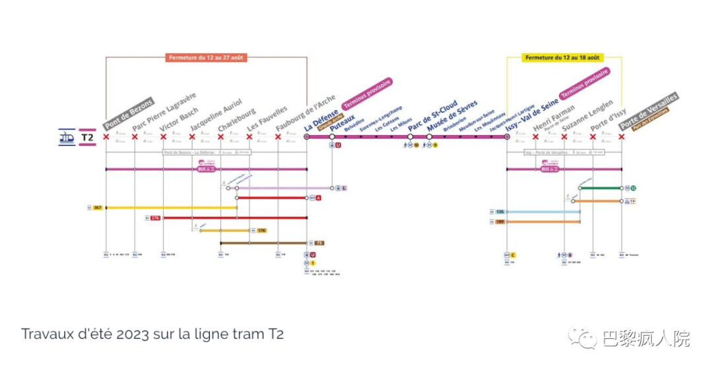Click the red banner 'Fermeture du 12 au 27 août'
coord(207,57)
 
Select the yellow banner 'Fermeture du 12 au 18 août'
coord(563,57)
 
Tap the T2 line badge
coord(87,137)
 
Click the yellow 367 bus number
coord(98,208)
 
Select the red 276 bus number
coord(155,217)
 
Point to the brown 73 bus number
coord(319,243)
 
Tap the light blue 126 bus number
coord(500,212)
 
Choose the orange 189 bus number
coord(500,222)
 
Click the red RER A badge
coord(319,198)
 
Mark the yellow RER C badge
coord(512,254)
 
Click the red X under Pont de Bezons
coord(106,137)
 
